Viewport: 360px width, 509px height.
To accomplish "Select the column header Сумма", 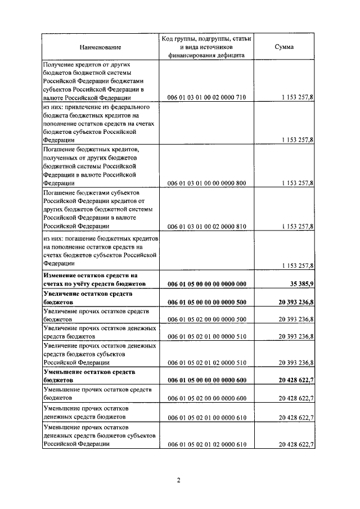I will tap(283, 47).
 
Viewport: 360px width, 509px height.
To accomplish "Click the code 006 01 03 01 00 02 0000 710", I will tap(207, 97).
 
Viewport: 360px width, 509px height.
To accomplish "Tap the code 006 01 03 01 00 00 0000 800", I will tap(207, 183).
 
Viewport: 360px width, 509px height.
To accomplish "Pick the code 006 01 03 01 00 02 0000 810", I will tap(207, 226).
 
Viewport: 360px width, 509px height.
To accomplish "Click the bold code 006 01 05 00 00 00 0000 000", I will tap(207, 285).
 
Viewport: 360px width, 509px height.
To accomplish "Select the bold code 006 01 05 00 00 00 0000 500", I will tap(207, 302).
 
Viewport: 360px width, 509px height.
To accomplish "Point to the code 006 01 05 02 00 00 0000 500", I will tap(207, 319).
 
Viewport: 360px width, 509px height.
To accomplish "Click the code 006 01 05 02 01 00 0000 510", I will tap(207, 336).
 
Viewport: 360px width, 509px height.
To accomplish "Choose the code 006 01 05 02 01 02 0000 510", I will tap(207, 363).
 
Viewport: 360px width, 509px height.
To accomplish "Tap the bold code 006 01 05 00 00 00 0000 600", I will tap(207, 380).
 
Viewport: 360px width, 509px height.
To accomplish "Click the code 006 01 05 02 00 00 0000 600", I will tap(207, 398).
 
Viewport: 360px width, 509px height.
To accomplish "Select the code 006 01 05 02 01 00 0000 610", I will tap(207, 417).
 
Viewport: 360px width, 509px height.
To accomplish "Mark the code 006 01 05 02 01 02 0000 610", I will tap(207, 444).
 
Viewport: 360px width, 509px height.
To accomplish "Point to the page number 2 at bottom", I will tap(178, 480).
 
